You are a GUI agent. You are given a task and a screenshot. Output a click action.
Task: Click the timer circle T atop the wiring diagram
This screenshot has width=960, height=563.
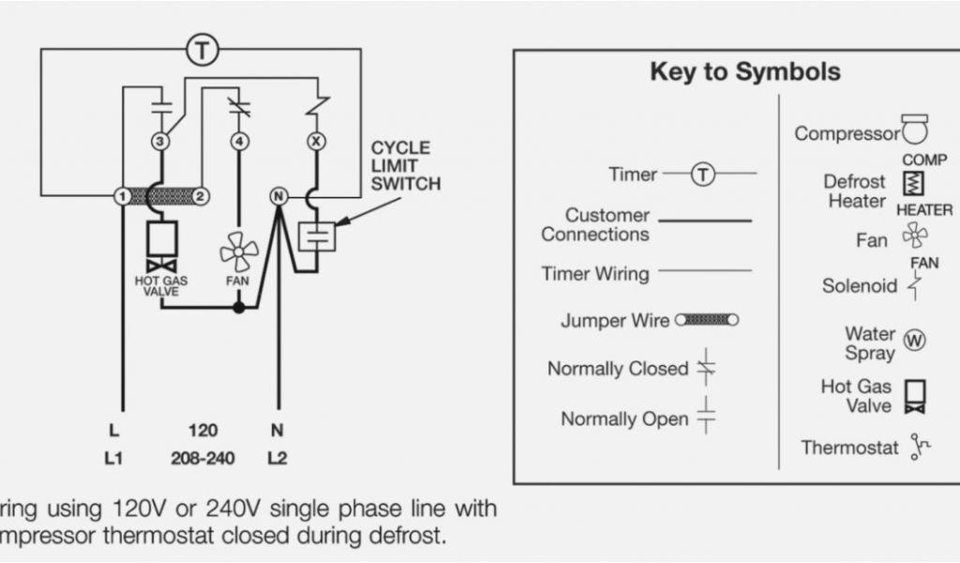point(202,50)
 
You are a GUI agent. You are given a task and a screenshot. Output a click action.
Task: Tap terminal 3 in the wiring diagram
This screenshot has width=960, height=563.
point(160,142)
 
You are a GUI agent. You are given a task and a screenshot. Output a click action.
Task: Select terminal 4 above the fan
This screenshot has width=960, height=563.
point(241,142)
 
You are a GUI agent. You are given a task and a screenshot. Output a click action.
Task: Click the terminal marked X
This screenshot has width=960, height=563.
point(316,142)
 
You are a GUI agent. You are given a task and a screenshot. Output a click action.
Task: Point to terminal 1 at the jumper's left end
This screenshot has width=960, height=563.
point(122,196)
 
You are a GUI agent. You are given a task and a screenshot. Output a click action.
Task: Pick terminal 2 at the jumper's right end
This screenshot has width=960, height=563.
point(201,196)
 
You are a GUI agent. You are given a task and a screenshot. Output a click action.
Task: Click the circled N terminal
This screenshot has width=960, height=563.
point(277,196)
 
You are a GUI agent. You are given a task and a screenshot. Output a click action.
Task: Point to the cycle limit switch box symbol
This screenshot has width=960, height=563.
point(317,236)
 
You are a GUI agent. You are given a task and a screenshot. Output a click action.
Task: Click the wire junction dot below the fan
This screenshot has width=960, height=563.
point(239,307)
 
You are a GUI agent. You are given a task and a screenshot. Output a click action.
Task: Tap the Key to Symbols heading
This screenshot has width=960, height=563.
point(745,72)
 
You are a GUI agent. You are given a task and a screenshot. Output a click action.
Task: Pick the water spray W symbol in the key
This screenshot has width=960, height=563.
point(913,341)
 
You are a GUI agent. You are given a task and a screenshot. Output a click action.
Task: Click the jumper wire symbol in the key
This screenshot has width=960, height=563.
point(706,320)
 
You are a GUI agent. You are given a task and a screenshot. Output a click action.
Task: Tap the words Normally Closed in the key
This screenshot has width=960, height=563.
point(618,369)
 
